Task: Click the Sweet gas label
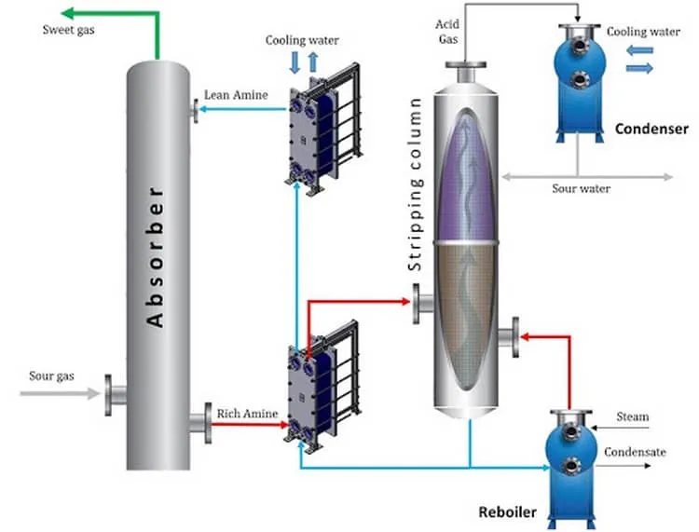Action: point(68,31)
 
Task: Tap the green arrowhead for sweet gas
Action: point(67,13)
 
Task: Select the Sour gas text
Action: point(51,376)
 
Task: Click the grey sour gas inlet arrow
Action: point(60,393)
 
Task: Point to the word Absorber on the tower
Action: point(155,257)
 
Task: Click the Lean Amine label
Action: point(236,95)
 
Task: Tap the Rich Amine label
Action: point(247,414)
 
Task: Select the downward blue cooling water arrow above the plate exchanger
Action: point(295,61)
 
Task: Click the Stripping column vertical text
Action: point(415,184)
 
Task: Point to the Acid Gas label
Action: point(447,32)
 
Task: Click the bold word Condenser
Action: point(651,129)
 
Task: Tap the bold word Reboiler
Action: point(507,512)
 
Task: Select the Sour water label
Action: point(581,188)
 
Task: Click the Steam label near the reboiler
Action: point(632,416)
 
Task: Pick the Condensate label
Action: point(635,452)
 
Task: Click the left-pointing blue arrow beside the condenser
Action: point(639,50)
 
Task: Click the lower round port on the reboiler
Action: point(571,466)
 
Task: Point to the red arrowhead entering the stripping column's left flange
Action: point(405,302)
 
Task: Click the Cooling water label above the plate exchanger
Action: point(302,41)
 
